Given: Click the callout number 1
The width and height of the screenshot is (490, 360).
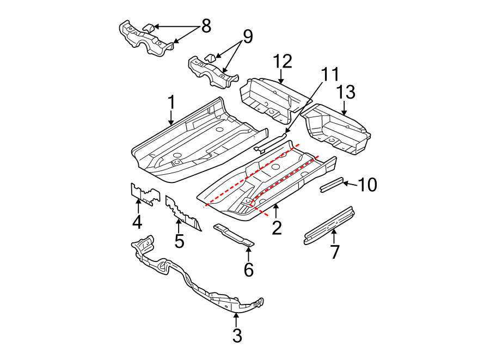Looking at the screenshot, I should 171,102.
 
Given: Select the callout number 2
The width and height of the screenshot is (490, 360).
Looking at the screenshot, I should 277,227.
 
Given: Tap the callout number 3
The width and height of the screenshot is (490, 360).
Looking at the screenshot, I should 237,336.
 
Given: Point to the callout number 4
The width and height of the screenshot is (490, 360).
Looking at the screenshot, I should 137,222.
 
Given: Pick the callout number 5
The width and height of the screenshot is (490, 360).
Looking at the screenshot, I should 179,240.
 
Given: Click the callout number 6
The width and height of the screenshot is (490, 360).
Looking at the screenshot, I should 249,269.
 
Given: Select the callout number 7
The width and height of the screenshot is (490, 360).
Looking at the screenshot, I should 335,252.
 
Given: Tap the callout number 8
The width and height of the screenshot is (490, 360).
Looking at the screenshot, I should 206,26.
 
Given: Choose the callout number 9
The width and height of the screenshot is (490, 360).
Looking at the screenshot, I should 248,38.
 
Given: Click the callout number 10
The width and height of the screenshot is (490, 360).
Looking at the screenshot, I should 368,185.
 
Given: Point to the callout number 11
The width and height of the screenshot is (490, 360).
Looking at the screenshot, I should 330,75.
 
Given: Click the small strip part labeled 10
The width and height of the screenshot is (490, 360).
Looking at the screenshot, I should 330,185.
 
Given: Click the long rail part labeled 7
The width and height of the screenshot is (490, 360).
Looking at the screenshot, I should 329,224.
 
